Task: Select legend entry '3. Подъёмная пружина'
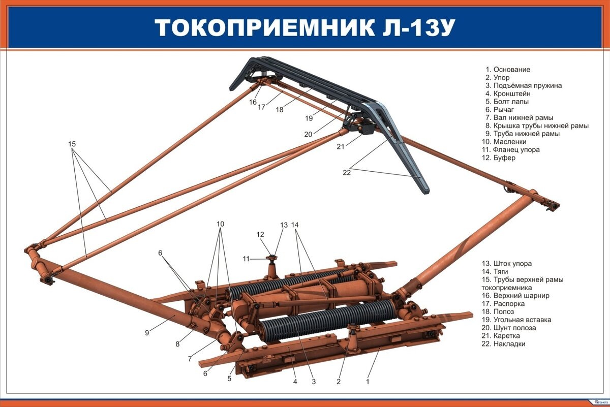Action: pos(523,85)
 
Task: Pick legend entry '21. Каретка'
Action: pos(503,336)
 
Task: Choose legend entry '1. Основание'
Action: pos(508,69)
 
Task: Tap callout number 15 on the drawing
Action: pos(72,144)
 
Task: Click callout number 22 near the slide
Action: pos(347,172)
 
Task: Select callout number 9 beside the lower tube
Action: pos(147,333)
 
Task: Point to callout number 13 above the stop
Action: pos(284,225)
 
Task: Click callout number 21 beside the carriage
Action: pos(341,146)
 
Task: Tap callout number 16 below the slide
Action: pos(253,102)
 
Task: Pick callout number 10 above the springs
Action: pos(220,224)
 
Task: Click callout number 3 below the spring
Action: pos(314,382)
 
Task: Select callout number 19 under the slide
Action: pos(309,119)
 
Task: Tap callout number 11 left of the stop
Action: pos(246,259)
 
